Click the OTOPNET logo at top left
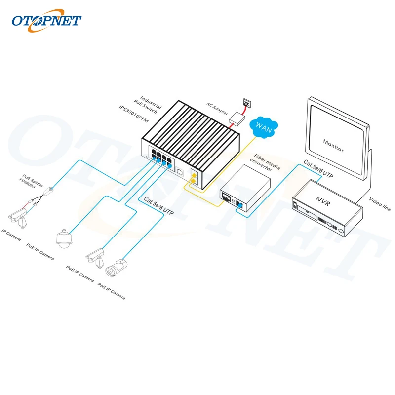pos(46,20)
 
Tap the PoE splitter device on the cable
pos(48,190)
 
